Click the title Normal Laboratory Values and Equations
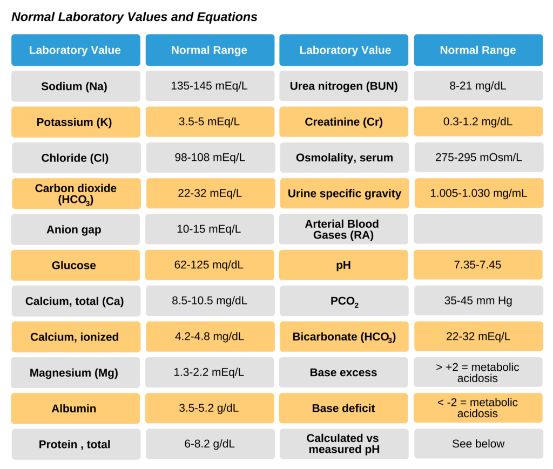[x=134, y=17]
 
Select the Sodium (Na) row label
[x=75, y=86]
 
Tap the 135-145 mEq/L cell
[x=209, y=86]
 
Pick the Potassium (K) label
[x=75, y=122]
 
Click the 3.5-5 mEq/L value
[x=209, y=121]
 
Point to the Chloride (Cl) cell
[x=75, y=158]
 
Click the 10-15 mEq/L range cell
[x=209, y=229]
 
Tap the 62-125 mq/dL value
[x=209, y=265]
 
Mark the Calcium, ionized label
[x=75, y=337]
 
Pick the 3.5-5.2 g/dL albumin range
[x=209, y=408]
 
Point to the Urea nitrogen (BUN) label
[x=343, y=86]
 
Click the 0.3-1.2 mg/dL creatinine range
[x=478, y=121]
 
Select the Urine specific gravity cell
[x=344, y=193]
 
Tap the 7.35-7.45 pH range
[x=478, y=265]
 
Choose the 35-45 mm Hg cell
[x=478, y=301]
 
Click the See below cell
[x=478, y=444]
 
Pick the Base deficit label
[x=343, y=408]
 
